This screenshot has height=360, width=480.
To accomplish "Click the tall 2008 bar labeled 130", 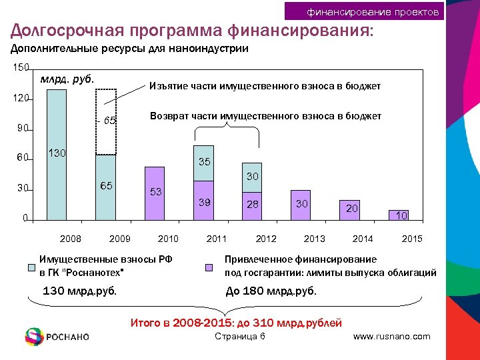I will click(57, 154).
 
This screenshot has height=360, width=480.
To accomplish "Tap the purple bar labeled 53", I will click(154, 193).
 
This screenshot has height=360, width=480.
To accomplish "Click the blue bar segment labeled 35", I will click(203, 163).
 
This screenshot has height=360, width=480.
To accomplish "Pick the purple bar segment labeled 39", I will click(203, 200).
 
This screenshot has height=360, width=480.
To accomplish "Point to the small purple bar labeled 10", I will click(398, 215).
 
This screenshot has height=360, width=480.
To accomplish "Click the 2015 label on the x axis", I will click(412, 239).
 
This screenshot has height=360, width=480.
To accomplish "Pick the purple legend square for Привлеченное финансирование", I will click(208, 268).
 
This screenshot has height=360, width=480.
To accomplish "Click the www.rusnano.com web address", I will click(391, 337).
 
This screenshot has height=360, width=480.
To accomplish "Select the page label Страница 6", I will click(240, 336).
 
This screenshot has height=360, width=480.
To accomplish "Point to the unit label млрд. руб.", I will click(67, 79).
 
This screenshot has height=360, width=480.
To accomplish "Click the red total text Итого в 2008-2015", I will click(235, 323).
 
